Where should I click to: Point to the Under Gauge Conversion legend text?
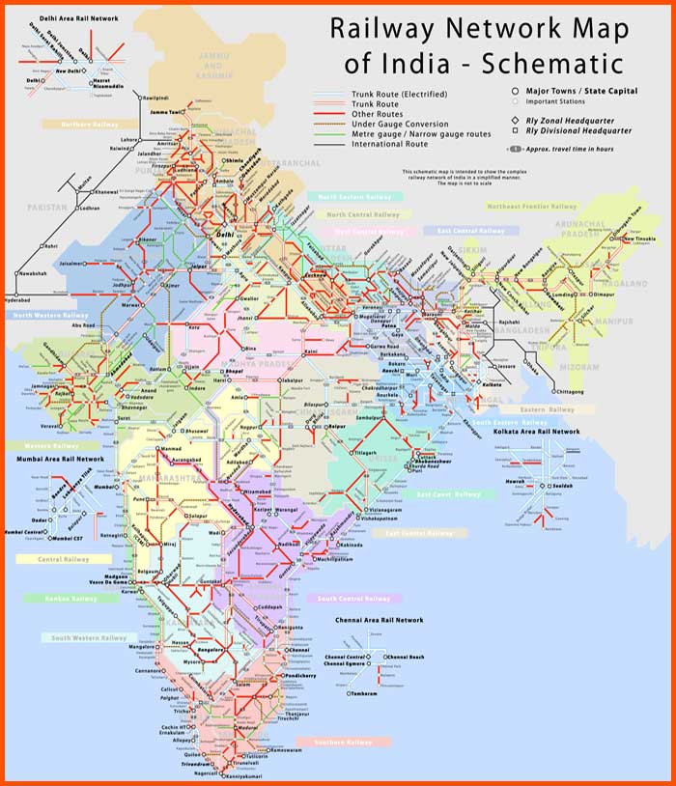point(401,125)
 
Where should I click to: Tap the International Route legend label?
point(389,144)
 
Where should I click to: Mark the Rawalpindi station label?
point(160,98)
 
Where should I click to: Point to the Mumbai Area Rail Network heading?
point(62,459)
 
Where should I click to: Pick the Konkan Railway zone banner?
point(70,599)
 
